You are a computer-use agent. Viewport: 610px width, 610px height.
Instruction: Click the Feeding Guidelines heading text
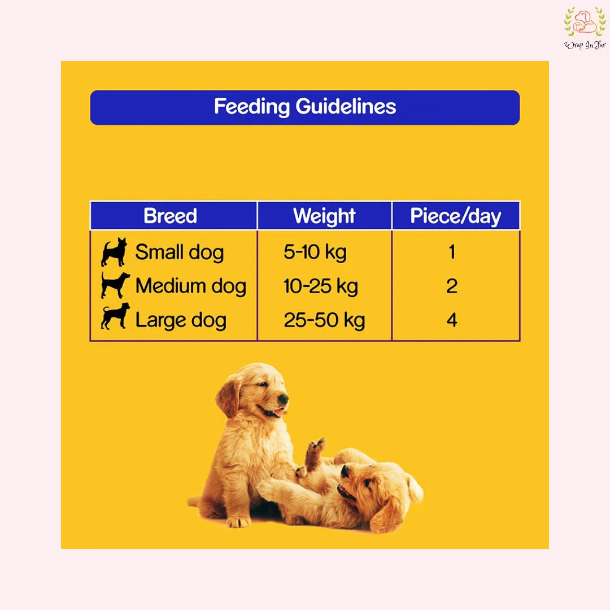pyautogui.click(x=305, y=107)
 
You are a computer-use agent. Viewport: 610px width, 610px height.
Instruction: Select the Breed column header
pyautogui.click(x=170, y=216)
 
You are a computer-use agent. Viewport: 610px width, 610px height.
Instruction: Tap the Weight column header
pyautogui.click(x=324, y=216)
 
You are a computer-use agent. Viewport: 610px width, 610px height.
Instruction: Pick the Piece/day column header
pyautogui.click(x=455, y=216)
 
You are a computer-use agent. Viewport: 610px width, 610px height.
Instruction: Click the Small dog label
pyautogui.click(x=179, y=252)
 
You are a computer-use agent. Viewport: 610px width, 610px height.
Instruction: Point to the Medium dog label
pyautogui.click(x=190, y=286)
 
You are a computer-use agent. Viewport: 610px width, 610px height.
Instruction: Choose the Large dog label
pyautogui.click(x=181, y=320)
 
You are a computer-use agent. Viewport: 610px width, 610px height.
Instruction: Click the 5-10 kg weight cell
pyautogui.click(x=315, y=252)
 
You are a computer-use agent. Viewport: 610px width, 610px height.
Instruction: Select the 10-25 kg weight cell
pyautogui.click(x=320, y=286)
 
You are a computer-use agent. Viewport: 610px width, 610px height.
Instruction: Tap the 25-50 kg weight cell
pyautogui.click(x=324, y=320)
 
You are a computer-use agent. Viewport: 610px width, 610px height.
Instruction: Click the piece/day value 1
pyautogui.click(x=451, y=252)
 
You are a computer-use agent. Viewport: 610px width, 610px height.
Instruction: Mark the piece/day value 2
pyautogui.click(x=451, y=286)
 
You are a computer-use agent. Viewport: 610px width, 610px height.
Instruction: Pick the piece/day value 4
pyautogui.click(x=451, y=320)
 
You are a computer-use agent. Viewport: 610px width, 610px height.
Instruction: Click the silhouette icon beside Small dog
pyautogui.click(x=114, y=252)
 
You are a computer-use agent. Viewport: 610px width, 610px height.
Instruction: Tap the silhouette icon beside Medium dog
pyautogui.click(x=115, y=285)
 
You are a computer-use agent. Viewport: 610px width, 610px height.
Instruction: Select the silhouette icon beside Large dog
pyautogui.click(x=115, y=316)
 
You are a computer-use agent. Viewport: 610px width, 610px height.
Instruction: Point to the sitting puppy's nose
pyautogui.click(x=282, y=399)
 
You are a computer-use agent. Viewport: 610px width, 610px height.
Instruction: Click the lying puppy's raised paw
pyautogui.click(x=317, y=446)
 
